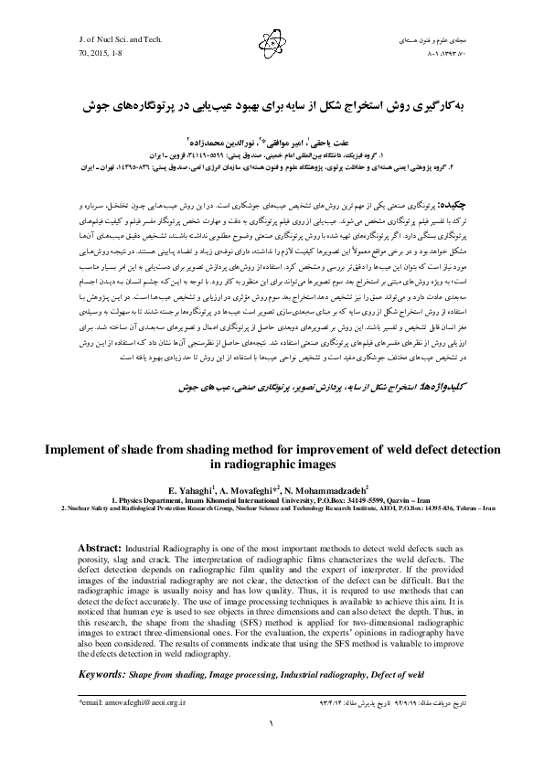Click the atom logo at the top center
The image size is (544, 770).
coord(272,40)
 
